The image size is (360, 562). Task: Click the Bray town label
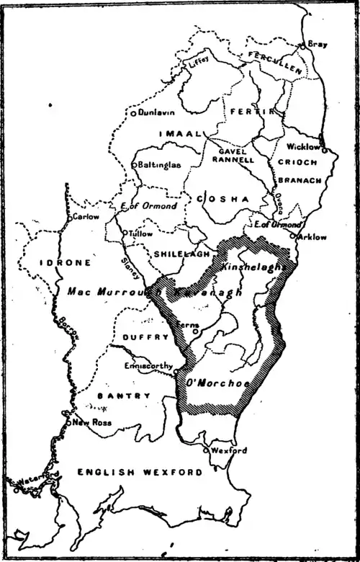point(318,45)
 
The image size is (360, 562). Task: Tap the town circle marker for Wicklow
point(325,151)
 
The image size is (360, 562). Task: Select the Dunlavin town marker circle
point(133,113)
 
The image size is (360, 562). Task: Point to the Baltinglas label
point(160,165)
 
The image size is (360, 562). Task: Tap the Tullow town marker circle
point(124,233)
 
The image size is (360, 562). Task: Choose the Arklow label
point(312,236)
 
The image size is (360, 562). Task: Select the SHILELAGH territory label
point(181,254)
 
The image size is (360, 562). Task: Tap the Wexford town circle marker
point(207,450)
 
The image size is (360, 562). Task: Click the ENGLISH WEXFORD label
point(139,472)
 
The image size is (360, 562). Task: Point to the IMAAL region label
point(177,135)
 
